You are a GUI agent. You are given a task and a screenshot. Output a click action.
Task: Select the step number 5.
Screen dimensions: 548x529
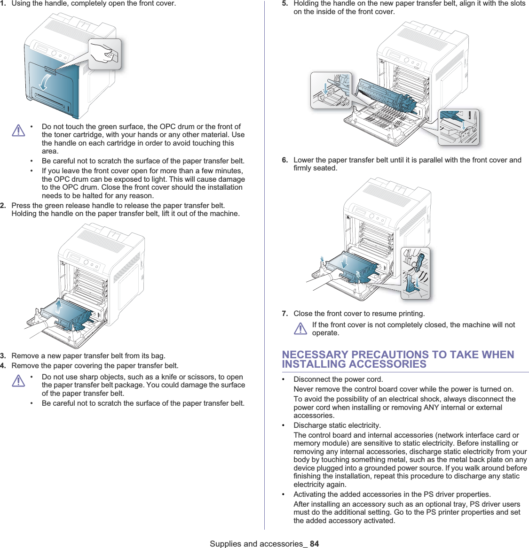click(285, 4)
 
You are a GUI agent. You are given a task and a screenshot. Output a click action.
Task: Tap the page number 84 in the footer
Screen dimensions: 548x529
click(314, 543)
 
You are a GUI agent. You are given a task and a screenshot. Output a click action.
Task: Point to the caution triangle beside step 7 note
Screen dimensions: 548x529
click(300, 329)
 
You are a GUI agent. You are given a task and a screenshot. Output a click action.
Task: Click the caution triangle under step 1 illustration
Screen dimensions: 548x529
click(18, 130)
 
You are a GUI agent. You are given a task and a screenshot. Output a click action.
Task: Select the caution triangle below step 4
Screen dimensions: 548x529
click(18, 380)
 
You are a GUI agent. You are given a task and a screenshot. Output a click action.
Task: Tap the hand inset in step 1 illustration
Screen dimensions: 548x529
click(105, 54)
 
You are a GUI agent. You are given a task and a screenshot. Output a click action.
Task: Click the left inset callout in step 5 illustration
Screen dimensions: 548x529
click(331, 90)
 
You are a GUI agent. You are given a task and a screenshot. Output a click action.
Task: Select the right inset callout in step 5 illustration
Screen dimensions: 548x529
click(458, 126)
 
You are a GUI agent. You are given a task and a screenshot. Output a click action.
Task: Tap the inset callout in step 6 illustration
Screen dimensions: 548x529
click(415, 273)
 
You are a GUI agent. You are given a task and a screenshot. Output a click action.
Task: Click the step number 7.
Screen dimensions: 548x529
click(285, 314)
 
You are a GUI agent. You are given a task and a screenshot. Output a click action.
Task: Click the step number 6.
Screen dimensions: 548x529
click(285, 160)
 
